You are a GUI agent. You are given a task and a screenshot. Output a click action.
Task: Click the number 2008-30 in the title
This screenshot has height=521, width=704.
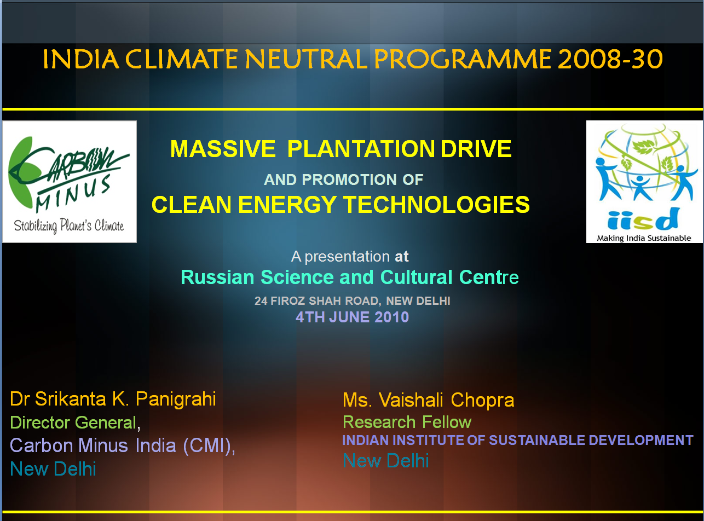[x=610, y=59]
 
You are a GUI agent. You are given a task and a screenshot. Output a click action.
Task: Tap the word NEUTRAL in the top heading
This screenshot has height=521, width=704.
[x=306, y=59]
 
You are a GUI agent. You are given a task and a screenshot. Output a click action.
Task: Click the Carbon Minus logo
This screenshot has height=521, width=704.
[x=70, y=182]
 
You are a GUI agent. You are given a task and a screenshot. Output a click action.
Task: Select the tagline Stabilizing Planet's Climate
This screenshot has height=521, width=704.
[x=69, y=226]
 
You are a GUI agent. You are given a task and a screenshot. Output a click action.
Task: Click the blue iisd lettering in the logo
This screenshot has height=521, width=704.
[x=643, y=219]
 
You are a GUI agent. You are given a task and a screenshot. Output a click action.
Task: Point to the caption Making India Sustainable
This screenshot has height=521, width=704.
[x=644, y=238]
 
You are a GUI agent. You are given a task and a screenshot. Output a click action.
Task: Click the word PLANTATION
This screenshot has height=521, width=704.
[x=361, y=149]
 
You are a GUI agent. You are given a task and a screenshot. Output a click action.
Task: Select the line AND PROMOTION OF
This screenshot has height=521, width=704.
[x=343, y=180]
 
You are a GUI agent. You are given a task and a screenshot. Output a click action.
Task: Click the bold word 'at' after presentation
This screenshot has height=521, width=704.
[x=401, y=256]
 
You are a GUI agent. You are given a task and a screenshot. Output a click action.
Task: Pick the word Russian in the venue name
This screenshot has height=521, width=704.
[x=217, y=277]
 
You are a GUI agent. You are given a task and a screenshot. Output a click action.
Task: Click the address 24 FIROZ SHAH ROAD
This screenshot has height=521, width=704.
[x=318, y=301]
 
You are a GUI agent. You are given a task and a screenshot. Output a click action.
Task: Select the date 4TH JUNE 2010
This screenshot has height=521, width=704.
[x=353, y=317]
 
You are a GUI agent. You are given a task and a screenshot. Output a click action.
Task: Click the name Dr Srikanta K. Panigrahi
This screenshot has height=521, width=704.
[x=113, y=399]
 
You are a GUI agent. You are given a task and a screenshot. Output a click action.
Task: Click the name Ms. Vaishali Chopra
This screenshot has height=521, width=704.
[x=429, y=400]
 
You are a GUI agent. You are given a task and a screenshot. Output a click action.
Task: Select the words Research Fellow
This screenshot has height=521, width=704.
[x=407, y=422]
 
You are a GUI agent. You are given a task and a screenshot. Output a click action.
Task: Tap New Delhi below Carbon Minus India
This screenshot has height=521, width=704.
[x=53, y=469]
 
